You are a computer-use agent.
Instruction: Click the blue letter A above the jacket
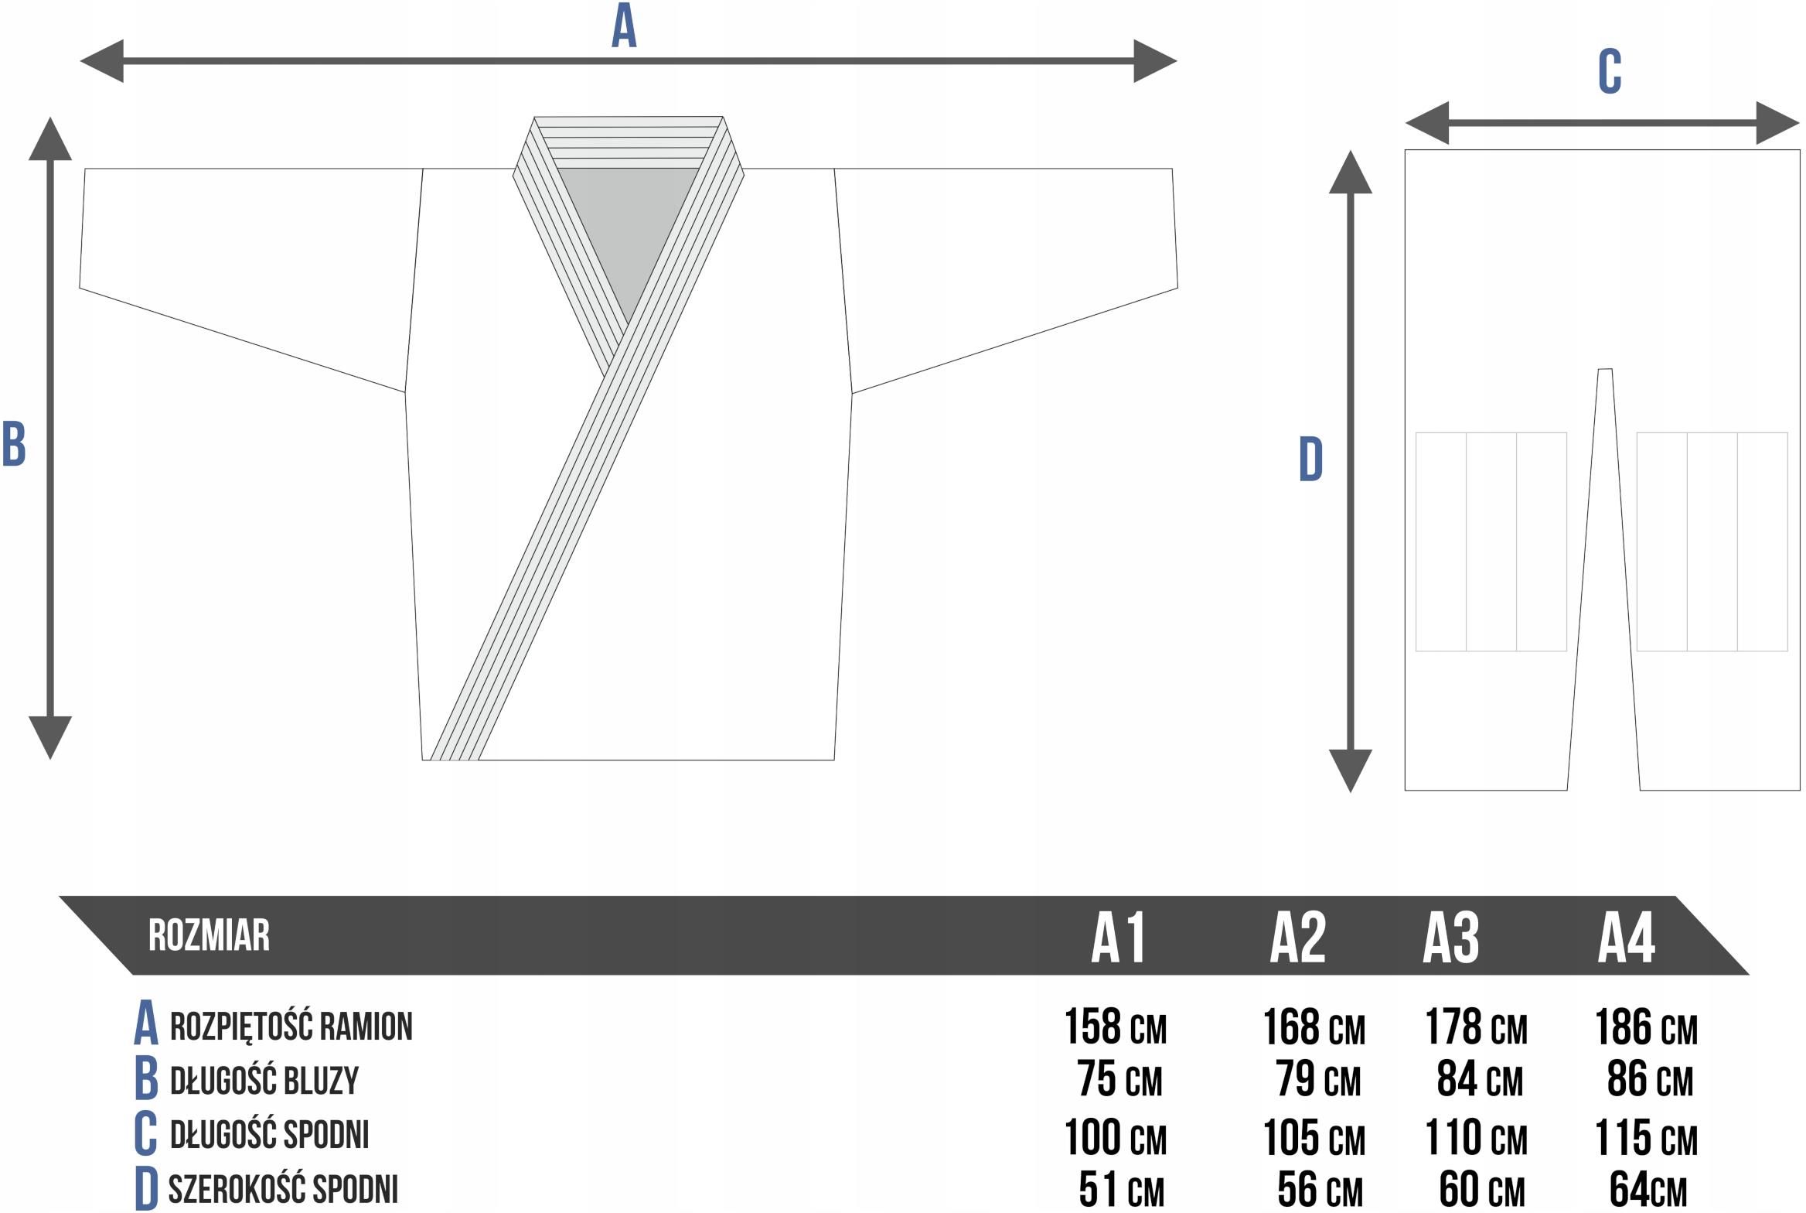click(x=624, y=26)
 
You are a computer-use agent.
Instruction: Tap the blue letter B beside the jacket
click(x=14, y=444)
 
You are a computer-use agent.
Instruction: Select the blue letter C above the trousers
click(x=1610, y=72)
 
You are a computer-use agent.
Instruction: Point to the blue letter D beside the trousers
click(x=1310, y=460)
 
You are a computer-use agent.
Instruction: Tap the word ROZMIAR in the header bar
click(x=209, y=935)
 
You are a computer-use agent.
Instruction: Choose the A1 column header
click(x=1118, y=937)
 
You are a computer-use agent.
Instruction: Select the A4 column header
click(x=1627, y=937)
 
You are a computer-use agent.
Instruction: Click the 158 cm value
click(x=1116, y=1027)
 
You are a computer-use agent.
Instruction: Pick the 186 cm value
click(x=1647, y=1027)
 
